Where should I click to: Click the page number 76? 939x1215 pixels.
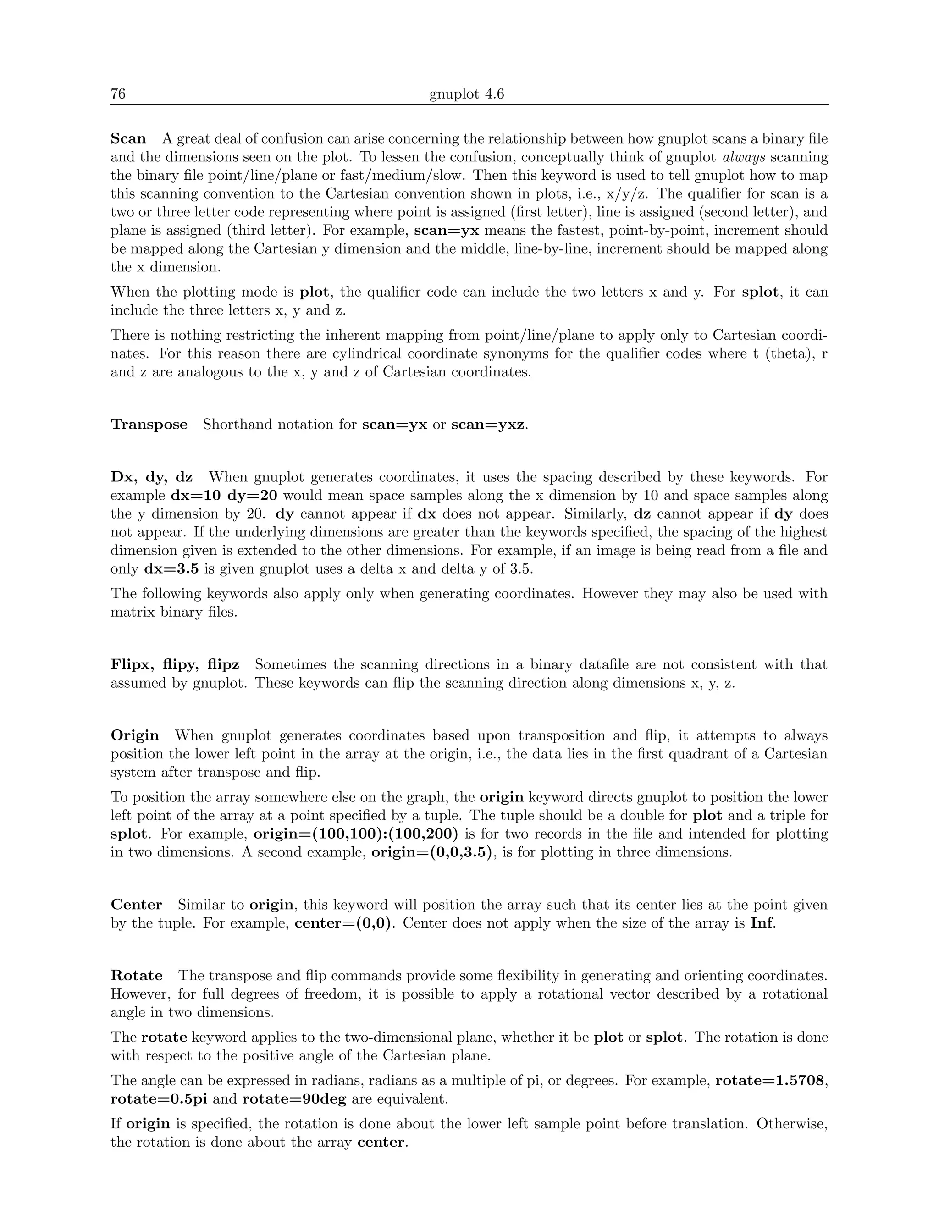click(x=118, y=94)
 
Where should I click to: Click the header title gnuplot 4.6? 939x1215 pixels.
click(x=466, y=94)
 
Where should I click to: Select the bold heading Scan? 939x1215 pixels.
click(x=128, y=138)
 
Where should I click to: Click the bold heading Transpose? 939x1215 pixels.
click(x=149, y=425)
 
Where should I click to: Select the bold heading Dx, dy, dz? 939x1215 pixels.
click(x=152, y=477)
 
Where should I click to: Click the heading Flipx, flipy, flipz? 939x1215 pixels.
click(x=175, y=665)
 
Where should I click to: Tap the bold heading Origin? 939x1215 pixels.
click(x=135, y=735)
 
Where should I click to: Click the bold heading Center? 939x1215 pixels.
click(x=136, y=905)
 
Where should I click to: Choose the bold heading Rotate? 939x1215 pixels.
click(x=137, y=975)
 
